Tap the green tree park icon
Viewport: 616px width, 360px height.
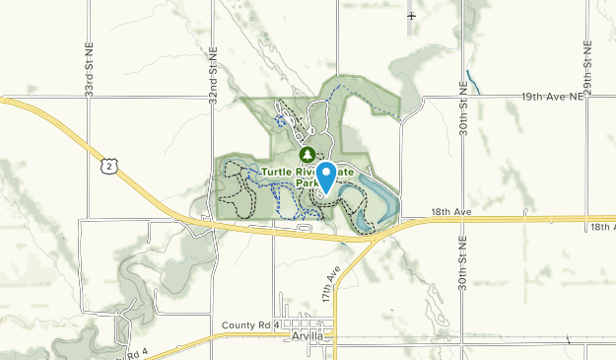tap(307, 154)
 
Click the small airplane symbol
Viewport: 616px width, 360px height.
tap(411, 16)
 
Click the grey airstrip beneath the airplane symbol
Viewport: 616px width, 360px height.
tap(410, 30)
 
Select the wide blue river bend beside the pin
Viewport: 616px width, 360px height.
tap(386, 202)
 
